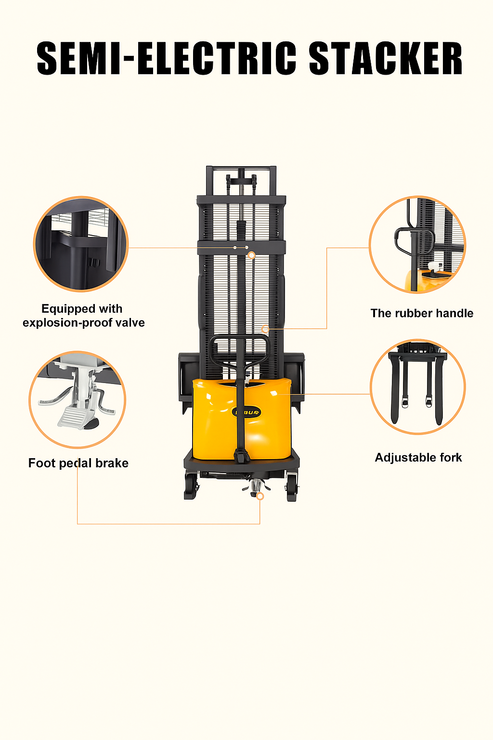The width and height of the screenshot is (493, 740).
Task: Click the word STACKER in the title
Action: click(385, 59)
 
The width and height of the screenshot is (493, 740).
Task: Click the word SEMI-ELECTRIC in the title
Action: click(167, 59)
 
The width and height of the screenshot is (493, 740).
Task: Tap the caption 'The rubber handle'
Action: click(422, 313)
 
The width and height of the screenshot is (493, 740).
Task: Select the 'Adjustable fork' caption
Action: click(418, 458)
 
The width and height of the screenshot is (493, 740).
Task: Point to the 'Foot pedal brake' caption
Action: click(78, 463)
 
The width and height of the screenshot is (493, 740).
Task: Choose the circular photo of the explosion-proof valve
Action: click(81, 244)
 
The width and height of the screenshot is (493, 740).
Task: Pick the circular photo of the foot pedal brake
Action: click(77, 400)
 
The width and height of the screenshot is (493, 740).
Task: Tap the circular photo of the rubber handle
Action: click(417, 244)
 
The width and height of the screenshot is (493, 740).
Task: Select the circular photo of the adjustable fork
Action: click(418, 387)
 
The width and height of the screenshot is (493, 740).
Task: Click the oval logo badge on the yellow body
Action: click(246, 412)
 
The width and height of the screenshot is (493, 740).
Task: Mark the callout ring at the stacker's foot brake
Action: click(260, 496)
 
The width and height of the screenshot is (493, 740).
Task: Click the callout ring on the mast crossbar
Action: click(252, 255)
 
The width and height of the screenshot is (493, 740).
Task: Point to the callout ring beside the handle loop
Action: click(265, 329)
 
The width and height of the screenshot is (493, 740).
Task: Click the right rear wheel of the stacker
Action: click(292, 488)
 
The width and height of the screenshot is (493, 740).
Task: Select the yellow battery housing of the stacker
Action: click(242, 420)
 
